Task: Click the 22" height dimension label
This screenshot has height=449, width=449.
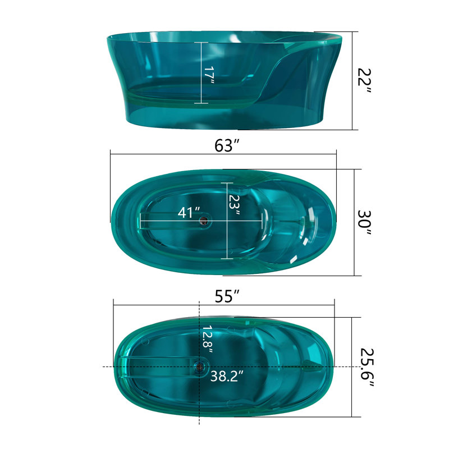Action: [x=364, y=81]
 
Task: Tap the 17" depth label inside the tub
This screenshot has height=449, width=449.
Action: [x=209, y=75]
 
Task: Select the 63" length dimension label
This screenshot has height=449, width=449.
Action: [x=227, y=145]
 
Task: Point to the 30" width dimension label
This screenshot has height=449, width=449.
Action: [x=364, y=223]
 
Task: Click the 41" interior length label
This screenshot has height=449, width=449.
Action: [x=189, y=213]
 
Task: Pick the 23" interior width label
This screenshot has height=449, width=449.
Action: [x=234, y=205]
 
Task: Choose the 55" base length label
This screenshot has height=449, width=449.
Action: [x=227, y=296]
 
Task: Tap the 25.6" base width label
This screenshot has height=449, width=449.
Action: [x=367, y=368]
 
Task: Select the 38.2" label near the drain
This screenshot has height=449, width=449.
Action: [x=227, y=376]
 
